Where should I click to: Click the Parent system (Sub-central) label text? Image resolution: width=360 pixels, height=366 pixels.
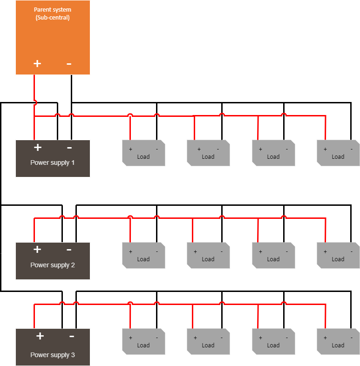click(x=53, y=14)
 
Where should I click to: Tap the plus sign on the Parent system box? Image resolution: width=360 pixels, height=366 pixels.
click(x=37, y=63)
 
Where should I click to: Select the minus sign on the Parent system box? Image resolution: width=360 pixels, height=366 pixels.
click(x=69, y=63)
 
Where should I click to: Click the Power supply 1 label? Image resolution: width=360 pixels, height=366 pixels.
click(x=53, y=163)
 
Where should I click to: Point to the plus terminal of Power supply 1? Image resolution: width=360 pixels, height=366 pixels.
click(x=38, y=148)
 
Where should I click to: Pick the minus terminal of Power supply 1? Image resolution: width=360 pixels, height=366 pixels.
click(x=69, y=148)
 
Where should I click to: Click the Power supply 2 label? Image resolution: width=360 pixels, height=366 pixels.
click(x=53, y=265)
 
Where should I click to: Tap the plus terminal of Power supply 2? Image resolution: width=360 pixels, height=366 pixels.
click(x=37, y=250)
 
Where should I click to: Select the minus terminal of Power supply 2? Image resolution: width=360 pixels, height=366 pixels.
click(x=69, y=250)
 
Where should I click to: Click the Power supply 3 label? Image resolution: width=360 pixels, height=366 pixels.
click(x=53, y=355)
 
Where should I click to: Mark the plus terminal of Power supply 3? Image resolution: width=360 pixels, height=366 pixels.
click(x=40, y=336)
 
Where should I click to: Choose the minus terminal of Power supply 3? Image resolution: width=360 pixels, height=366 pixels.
click(x=72, y=336)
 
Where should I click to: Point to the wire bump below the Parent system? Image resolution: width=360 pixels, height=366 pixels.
click(x=35, y=103)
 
